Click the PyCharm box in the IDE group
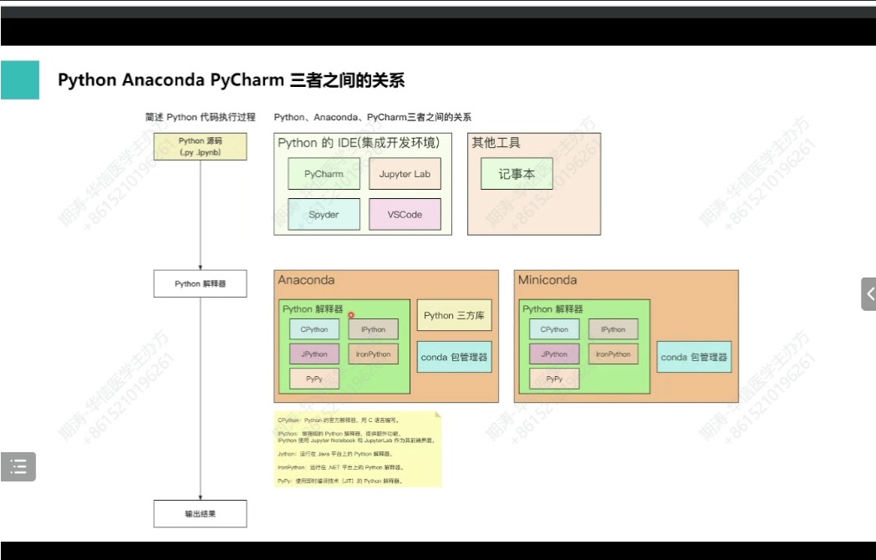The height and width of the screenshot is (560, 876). pos(323,174)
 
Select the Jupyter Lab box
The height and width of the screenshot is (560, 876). pos(405,174)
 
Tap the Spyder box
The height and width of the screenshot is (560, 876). pos(323,215)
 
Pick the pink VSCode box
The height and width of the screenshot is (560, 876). pos(405,215)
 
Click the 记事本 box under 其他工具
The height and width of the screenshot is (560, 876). pos(517,174)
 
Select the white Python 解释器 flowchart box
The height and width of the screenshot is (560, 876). pos(200,283)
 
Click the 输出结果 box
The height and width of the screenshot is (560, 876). pos(200,514)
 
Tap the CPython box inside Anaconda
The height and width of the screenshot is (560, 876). pos(314,329)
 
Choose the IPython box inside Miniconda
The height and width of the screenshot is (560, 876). pos(613,329)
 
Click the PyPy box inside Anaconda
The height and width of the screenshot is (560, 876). pos(314,379)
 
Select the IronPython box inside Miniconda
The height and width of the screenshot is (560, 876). pos(613,354)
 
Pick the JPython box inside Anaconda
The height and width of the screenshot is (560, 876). pos(314,354)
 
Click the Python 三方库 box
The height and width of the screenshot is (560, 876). pos(454,315)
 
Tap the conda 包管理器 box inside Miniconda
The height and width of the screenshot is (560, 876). pos(694,357)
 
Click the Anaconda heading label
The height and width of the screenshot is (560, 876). pos(306,280)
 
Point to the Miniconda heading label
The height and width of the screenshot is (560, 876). pos(547,280)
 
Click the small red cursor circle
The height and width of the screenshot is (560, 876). pos(351,315)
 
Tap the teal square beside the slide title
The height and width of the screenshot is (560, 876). pos(19,79)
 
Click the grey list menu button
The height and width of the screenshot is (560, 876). pos(18,466)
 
